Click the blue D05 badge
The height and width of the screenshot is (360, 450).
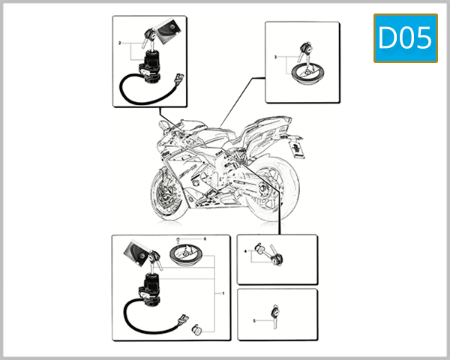pyautogui.click(x=405, y=37)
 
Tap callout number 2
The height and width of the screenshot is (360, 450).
pyautogui.click(x=119, y=43)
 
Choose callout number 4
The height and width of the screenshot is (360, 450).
pyautogui.click(x=246, y=253)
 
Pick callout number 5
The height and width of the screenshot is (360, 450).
pyautogui.click(x=254, y=320)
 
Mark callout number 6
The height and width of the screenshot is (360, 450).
pyautogui.click(x=205, y=238)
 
